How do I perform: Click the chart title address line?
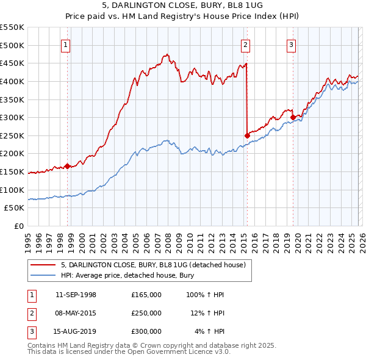click(182, 5)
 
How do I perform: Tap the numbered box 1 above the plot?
click(65, 44)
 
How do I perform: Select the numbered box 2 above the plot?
click(245, 44)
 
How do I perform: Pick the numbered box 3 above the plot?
click(291, 44)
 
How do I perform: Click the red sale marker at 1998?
click(67, 166)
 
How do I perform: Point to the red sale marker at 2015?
click(247, 135)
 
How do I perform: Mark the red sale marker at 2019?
click(293, 117)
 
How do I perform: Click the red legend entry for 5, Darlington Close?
click(152, 265)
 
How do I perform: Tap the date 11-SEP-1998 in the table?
click(76, 295)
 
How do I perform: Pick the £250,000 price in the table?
click(146, 313)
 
